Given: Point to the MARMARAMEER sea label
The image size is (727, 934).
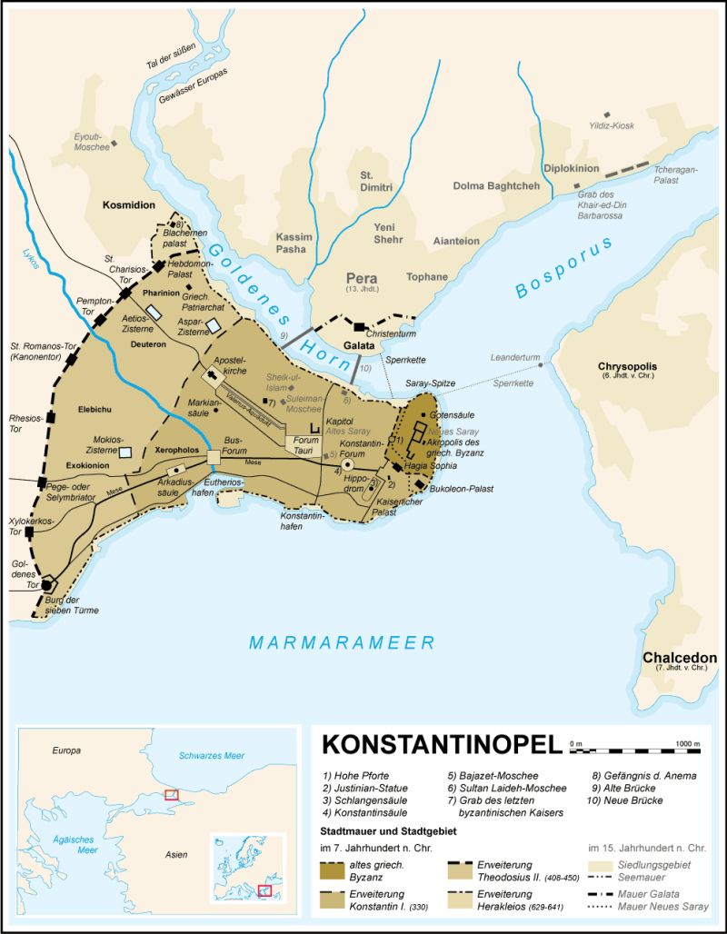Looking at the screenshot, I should coord(343,643).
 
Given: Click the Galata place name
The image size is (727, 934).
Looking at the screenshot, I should coord(361,346).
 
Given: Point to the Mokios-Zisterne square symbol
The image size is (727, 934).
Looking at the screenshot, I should coord(127,452).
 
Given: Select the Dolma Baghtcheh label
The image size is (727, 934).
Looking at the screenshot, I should coord(496,186).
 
